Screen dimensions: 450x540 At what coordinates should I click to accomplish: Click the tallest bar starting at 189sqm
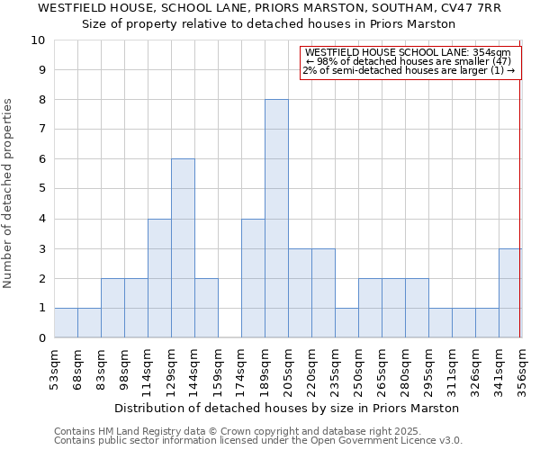pos(276,219)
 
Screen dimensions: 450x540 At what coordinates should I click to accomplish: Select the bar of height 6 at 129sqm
pos(183,248)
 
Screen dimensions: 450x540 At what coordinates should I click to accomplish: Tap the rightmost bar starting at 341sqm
pos(510,293)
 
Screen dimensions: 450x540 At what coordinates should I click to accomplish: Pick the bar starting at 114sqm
pos(159,278)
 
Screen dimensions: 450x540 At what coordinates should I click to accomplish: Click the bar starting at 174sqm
pos(253,278)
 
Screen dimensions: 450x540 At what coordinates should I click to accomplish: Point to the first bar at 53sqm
pos(66,323)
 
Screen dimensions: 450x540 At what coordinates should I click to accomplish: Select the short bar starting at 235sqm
pos(346,323)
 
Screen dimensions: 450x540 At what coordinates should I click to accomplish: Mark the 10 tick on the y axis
pos(38,40)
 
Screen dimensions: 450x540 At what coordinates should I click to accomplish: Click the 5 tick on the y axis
pos(41,189)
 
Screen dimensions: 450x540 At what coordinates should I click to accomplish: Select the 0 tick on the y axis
pos(41,338)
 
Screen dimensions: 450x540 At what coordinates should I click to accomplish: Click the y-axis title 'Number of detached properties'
pos(9,193)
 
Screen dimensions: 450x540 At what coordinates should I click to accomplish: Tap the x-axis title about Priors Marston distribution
pos(287,408)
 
